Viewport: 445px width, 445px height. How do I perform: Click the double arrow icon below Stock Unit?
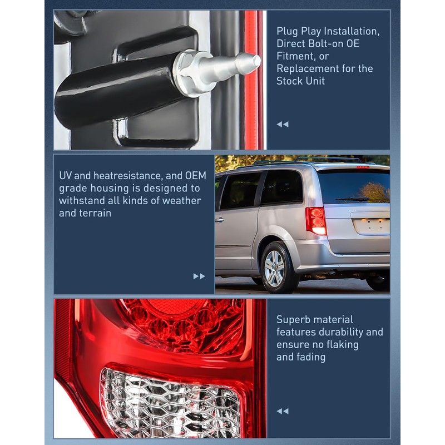[x=283, y=124]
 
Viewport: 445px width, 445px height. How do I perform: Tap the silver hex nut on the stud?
[x=189, y=72]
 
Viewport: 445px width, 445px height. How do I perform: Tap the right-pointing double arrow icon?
[x=199, y=276]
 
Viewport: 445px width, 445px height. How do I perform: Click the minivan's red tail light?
[x=316, y=220]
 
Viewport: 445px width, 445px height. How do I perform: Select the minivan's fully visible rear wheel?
[x=274, y=269]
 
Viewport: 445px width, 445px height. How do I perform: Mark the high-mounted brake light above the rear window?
[x=362, y=167]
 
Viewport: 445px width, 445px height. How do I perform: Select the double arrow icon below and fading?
[x=283, y=411]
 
